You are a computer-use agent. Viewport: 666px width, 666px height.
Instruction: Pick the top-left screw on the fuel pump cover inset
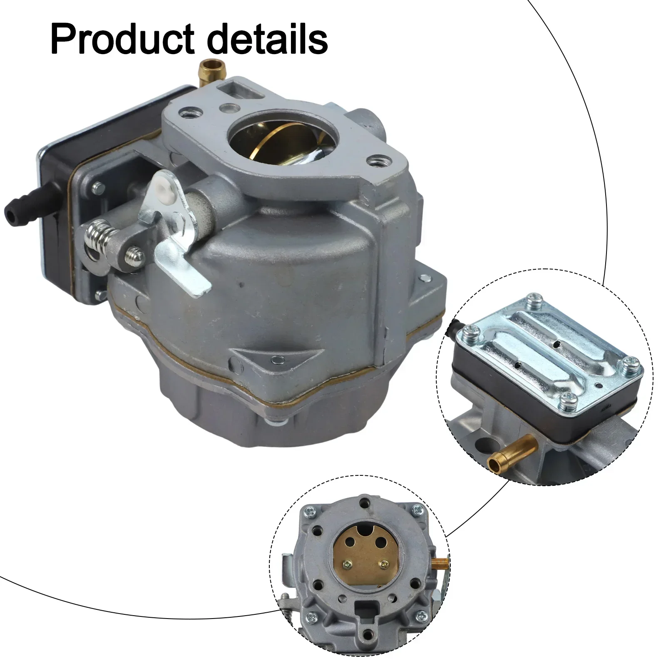coord(535,300)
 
